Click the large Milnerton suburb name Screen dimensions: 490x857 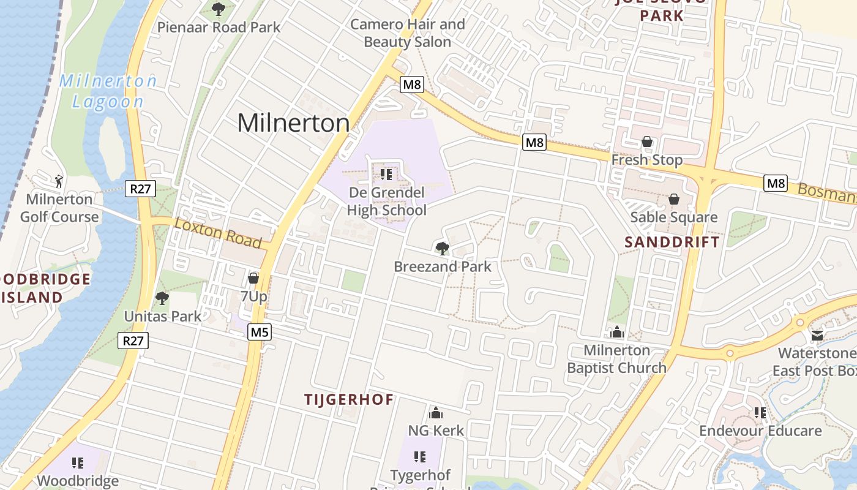[293, 123]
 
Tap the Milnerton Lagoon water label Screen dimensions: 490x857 [108, 91]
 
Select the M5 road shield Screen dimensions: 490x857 [260, 333]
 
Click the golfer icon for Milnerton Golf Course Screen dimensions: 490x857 [59, 181]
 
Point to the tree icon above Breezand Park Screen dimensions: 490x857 [442, 248]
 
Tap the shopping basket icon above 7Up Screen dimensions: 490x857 [253, 278]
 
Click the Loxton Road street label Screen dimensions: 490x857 [219, 233]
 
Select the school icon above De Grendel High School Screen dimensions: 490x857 [386, 175]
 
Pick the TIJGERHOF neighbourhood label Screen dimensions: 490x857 [349, 399]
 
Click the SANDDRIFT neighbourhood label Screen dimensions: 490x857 [672, 242]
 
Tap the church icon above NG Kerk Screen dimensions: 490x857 [436, 413]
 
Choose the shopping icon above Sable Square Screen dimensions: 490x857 [674, 199]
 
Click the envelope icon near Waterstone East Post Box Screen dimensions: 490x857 [817, 335]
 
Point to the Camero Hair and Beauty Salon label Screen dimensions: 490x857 [408, 33]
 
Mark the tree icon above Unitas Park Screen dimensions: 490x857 [162, 298]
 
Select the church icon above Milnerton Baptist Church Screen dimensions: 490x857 [616, 332]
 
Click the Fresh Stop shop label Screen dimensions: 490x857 [647, 160]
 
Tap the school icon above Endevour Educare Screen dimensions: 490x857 [760, 413]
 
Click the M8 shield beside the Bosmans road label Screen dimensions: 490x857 [775, 183]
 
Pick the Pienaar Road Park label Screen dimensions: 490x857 [219, 27]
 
